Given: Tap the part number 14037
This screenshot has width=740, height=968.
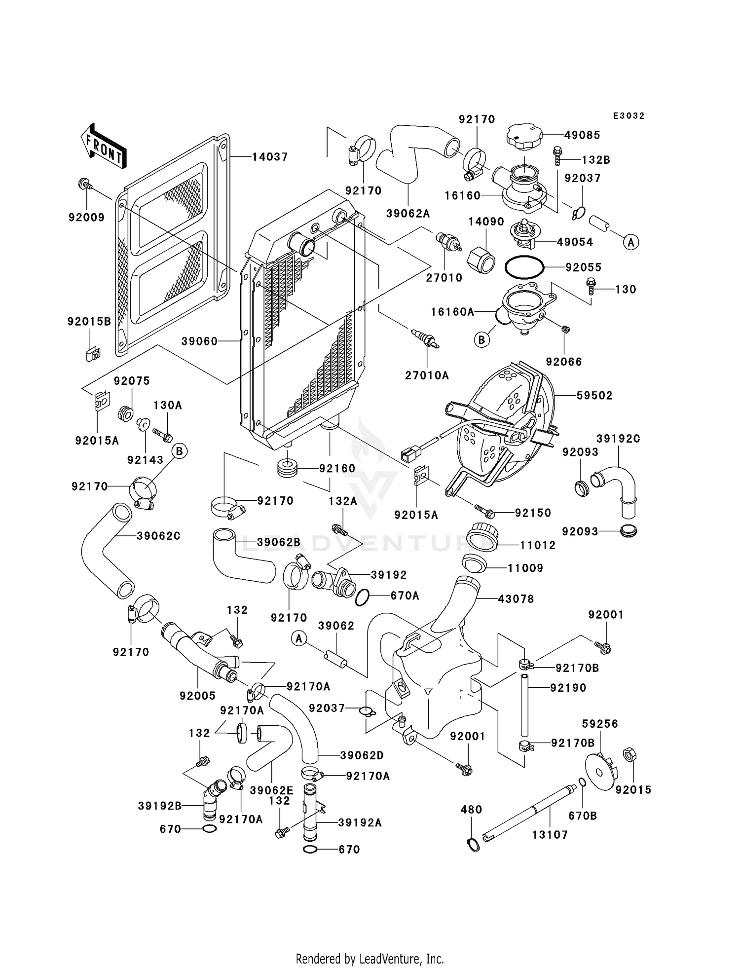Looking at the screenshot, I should (269, 157).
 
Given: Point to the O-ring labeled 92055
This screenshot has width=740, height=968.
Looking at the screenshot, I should (524, 267).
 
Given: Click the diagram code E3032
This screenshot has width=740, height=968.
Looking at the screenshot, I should (629, 116).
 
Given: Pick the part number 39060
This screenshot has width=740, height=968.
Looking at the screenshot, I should (199, 341).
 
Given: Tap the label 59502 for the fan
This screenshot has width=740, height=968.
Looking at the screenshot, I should (594, 395).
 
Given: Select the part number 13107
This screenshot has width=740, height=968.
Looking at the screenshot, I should (550, 835).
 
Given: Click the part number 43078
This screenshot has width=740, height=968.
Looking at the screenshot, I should (516, 599).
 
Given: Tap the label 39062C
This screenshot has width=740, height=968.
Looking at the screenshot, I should (158, 536).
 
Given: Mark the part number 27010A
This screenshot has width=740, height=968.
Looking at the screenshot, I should (427, 375).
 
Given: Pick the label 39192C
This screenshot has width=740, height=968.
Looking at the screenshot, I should (618, 439).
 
